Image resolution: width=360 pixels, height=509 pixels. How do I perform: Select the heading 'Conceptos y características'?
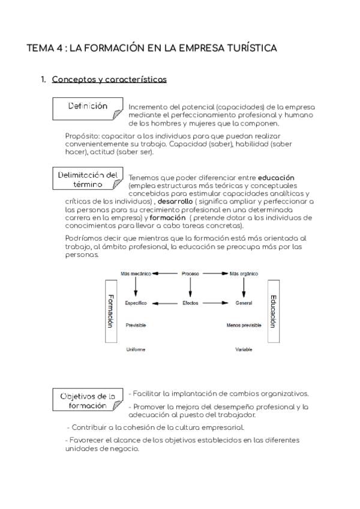coord(109,79)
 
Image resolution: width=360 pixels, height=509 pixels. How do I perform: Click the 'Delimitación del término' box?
coord(88,179)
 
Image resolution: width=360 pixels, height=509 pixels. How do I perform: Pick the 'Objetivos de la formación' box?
coord(88,400)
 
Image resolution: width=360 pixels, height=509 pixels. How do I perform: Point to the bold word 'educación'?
coord(276,178)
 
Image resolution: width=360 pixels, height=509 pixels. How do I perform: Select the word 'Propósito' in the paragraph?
coord(82,136)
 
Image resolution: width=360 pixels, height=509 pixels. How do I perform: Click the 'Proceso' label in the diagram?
coord(190,274)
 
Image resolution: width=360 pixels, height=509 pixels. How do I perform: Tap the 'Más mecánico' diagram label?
coord(136,274)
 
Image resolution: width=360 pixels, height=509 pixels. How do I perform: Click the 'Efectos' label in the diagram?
coord(190,303)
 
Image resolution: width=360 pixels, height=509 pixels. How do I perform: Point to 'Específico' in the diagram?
coord(136,303)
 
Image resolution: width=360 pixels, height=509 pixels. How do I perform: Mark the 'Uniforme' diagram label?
coord(135,349)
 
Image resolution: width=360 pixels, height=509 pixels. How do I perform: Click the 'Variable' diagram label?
coord(244,349)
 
